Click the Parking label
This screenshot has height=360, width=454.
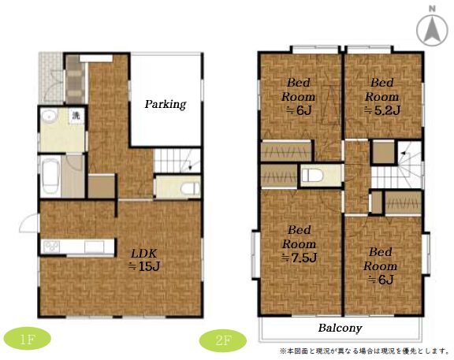pos(166,104)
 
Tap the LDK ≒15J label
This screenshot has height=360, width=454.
pos(144,260)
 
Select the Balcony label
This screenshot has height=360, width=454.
pos(340,328)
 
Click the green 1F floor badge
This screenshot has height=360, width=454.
pos(28,339)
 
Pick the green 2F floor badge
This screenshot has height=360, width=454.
pos(223,340)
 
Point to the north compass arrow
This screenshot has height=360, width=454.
pos(432,28)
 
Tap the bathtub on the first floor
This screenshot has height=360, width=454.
pos(50,176)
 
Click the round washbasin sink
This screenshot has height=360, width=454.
pos(49,117)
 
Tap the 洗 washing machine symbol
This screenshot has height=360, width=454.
pos(76,116)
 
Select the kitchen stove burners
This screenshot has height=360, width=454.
pos(51,247)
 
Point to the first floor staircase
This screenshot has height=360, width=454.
pos(177,161)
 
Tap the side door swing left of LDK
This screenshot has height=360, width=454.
pos(28,223)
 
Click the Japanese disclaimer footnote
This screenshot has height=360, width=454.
pos(364,351)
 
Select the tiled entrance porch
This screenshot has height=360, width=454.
pos(51,77)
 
